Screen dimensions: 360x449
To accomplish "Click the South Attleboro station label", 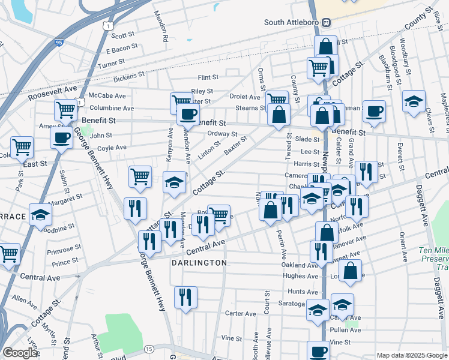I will pos(293,22).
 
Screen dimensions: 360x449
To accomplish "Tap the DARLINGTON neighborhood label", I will pos(200,263).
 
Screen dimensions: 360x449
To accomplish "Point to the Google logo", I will pos(20,353).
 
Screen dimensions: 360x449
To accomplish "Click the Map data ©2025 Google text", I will pos(411,355).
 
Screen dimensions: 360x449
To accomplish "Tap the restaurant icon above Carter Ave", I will pos(185,297).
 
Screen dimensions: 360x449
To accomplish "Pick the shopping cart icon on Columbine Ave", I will pos(65,110).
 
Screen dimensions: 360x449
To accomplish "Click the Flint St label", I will pos(208,77).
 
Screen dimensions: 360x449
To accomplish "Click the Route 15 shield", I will pos(148,348).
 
